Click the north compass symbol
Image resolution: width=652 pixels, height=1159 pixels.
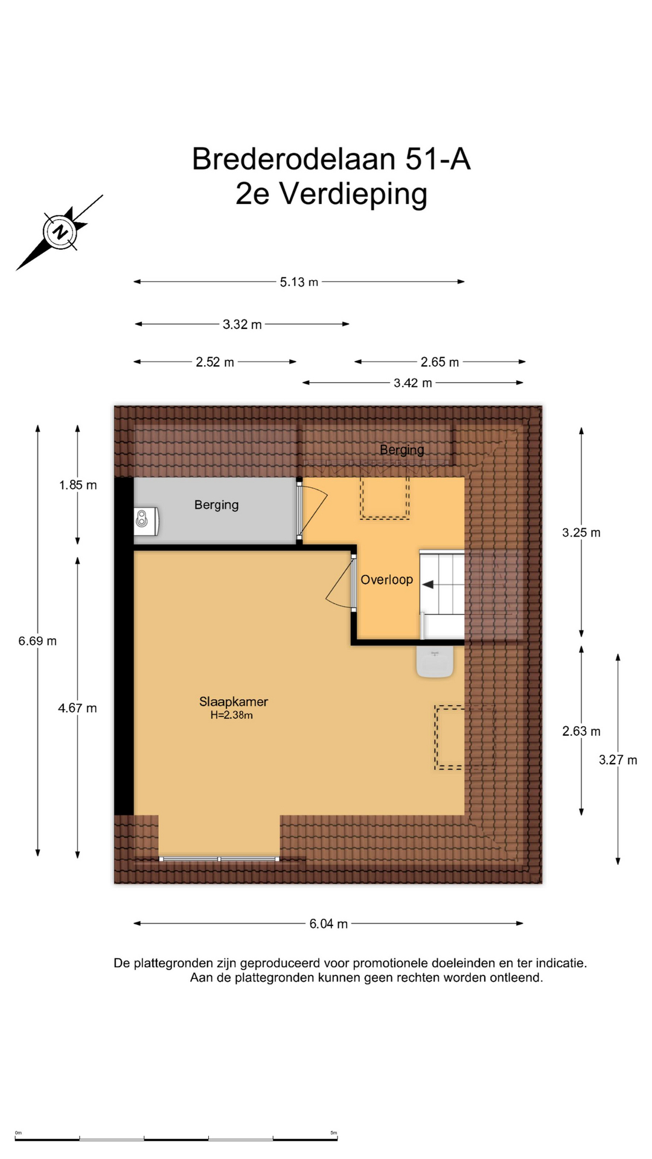(x=60, y=232)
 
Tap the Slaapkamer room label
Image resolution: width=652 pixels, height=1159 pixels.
(x=234, y=701)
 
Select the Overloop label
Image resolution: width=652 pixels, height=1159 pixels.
(x=387, y=580)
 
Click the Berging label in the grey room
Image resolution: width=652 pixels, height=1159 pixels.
(x=217, y=505)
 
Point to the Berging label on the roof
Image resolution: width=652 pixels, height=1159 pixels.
(x=402, y=450)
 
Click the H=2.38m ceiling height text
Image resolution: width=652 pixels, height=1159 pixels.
(x=231, y=715)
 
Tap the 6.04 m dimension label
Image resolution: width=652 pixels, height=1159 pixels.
(x=328, y=924)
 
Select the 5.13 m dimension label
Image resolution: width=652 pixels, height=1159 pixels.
(x=299, y=282)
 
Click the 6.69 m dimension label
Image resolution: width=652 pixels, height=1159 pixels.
(x=37, y=641)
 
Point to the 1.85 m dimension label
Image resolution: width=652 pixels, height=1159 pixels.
(x=78, y=485)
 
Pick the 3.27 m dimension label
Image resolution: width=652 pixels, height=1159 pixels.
(x=618, y=760)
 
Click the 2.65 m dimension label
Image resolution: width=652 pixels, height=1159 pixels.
(x=439, y=362)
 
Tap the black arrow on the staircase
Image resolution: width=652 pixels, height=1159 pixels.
(x=428, y=584)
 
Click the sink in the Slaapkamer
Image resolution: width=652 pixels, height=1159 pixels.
(x=435, y=662)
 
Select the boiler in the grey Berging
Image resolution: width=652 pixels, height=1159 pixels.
(x=146, y=520)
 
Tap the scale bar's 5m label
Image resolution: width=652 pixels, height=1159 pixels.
(x=333, y=1133)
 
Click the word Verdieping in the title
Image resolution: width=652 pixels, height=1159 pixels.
(x=353, y=194)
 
